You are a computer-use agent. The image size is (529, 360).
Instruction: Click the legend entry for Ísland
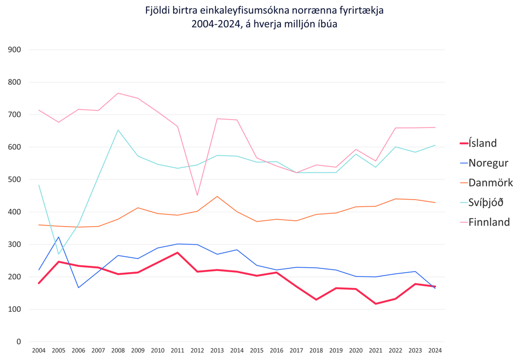[482, 143]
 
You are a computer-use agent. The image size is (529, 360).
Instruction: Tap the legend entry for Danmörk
[490, 183]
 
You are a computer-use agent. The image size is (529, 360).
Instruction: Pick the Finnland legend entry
[489, 222]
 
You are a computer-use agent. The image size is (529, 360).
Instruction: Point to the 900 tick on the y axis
[14, 50]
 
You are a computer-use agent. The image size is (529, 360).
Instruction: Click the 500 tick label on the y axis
[14, 179]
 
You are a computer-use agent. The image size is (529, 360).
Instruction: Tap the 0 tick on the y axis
[19, 341]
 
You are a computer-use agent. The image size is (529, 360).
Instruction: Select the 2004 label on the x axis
[39, 350]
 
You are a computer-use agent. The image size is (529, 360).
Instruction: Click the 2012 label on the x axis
[197, 350]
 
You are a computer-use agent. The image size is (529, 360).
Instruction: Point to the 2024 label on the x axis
[435, 350]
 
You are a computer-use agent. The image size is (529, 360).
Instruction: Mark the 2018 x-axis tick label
[316, 350]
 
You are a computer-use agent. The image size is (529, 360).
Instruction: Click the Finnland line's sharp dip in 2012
[197, 195]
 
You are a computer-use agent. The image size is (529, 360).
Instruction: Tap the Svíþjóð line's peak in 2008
[118, 130]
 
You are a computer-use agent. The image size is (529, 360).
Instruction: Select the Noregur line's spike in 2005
[59, 237]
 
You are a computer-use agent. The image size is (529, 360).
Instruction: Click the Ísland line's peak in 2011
[177, 253]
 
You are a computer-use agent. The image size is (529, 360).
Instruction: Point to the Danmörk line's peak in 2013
[217, 196]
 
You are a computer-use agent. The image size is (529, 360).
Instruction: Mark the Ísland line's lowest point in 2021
[376, 304]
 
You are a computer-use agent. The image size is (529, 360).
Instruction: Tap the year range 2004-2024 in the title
[215, 24]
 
